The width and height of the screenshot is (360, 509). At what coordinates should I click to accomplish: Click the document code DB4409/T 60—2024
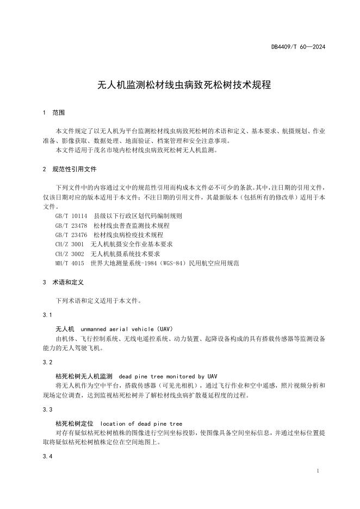[298, 47]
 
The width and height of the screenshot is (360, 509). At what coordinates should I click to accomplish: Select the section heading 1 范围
[53, 113]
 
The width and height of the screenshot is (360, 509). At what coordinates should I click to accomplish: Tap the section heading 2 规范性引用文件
[69, 169]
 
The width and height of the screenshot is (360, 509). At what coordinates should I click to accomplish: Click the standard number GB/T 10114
[71, 215]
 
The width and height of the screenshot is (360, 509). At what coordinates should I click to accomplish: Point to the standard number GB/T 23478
[71, 225]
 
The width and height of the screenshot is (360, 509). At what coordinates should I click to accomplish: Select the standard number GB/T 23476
[71, 234]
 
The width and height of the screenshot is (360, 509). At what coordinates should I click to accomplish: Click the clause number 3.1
[47, 315]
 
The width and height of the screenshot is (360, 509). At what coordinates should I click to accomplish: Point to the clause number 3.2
[47, 362]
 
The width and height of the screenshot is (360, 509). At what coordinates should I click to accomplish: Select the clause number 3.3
[47, 409]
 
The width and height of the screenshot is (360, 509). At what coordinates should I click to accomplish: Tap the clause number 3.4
[47, 456]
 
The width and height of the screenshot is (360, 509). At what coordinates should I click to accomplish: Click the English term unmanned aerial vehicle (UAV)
[126, 329]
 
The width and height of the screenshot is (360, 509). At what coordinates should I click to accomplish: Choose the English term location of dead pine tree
[141, 423]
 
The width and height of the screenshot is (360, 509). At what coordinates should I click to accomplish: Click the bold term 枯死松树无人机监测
[84, 376]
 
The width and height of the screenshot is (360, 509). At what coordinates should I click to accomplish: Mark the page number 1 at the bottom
[317, 471]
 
